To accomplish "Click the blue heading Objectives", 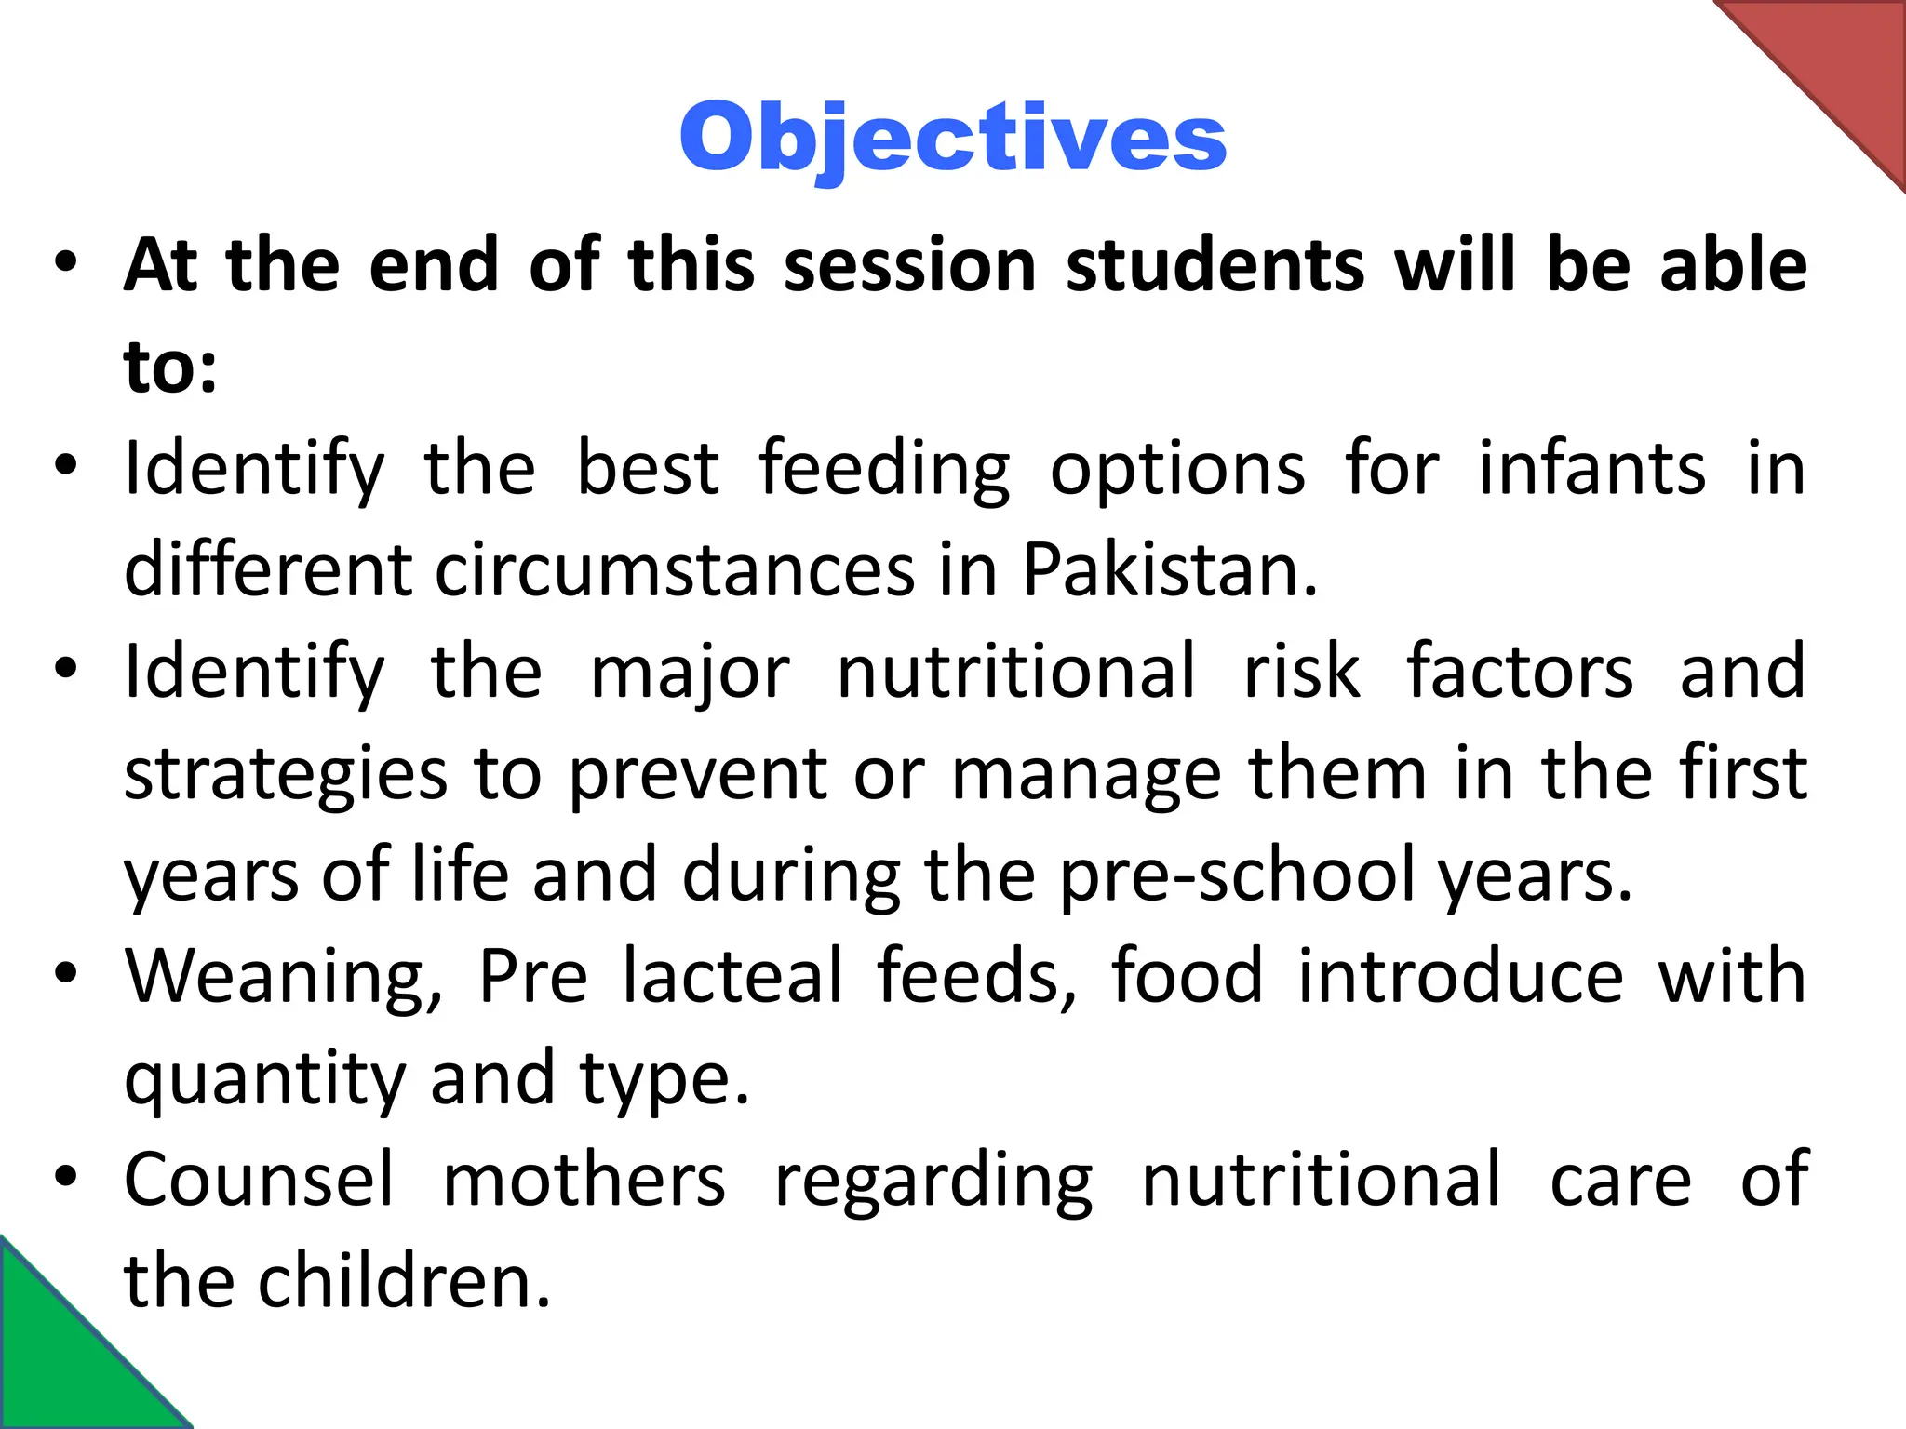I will coord(953,138).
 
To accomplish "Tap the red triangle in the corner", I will coord(1838,65).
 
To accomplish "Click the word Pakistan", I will coord(1170,569).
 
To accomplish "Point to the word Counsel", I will coord(259,1180).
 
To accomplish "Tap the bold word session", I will coord(910,266).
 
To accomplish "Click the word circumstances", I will coord(675,569).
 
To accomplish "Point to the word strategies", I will coord(286,774).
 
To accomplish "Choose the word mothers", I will coord(584,1180).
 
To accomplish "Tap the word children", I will coord(405,1282).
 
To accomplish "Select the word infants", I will coord(1591,468).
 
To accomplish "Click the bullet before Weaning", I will coord(64,973).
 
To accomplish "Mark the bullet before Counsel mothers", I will coord(64,1177).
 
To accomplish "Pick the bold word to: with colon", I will coord(170,367).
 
